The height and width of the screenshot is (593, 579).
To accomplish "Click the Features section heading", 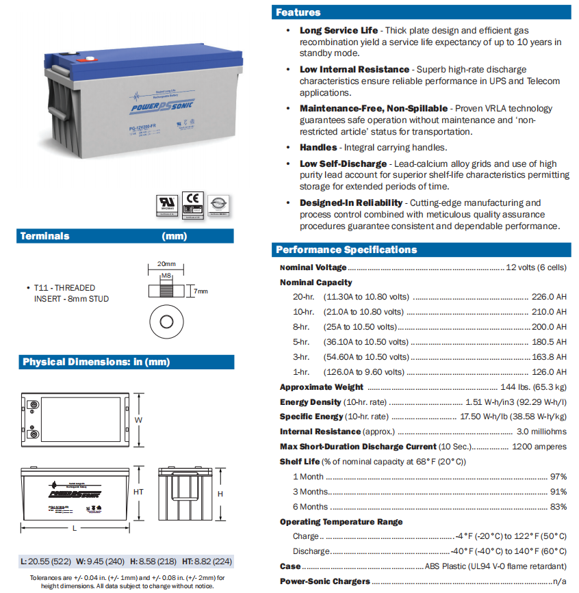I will pyautogui.click(x=298, y=12).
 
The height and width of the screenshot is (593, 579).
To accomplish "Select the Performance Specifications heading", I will pyautogui.click(x=346, y=250).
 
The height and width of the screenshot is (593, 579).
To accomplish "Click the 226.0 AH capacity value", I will pyautogui.click(x=549, y=297).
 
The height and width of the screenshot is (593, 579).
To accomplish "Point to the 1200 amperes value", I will pyautogui.click(x=539, y=447).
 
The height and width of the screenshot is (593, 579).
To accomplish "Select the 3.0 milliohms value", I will pyautogui.click(x=542, y=432).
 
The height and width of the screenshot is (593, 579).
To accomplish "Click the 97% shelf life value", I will pyautogui.click(x=558, y=477).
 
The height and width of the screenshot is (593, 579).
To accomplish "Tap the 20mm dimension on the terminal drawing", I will pyautogui.click(x=166, y=264).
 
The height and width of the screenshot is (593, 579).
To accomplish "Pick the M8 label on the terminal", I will pyautogui.click(x=166, y=276).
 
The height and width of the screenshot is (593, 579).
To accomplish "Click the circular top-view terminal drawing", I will pyautogui.click(x=166, y=321).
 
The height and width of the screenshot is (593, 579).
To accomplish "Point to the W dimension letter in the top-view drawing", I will pyautogui.click(x=138, y=419).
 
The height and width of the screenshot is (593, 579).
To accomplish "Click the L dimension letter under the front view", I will pyautogui.click(x=74, y=529).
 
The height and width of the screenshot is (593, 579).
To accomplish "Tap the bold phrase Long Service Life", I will pyautogui.click(x=339, y=31).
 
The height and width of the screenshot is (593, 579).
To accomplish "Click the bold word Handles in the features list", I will pyautogui.click(x=318, y=147).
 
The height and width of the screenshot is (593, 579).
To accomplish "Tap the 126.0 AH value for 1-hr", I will pyautogui.click(x=549, y=372).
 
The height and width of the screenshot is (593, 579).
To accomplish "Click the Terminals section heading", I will pyautogui.click(x=45, y=236).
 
